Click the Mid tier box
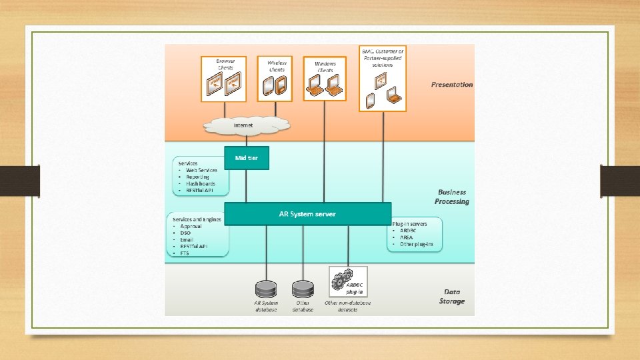[x=246, y=158]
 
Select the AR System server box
[x=307, y=214]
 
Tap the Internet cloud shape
[x=246, y=125]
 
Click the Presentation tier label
[x=451, y=85]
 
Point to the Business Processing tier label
[x=451, y=197]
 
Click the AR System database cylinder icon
[x=266, y=289]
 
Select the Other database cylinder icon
[x=302, y=289]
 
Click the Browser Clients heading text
[x=230, y=64]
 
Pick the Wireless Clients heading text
[x=277, y=65]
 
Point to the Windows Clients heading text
[x=325, y=66]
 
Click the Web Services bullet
[x=201, y=171]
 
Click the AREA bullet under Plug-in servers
[x=407, y=237]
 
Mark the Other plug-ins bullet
[x=416, y=244]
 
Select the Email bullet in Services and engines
[x=187, y=239]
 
